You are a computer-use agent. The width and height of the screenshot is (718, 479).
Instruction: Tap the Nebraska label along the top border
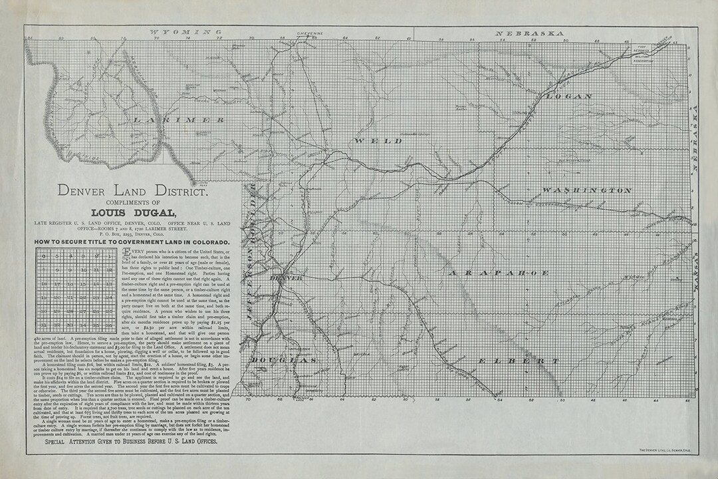530,32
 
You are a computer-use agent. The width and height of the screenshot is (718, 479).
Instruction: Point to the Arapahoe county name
499,273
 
